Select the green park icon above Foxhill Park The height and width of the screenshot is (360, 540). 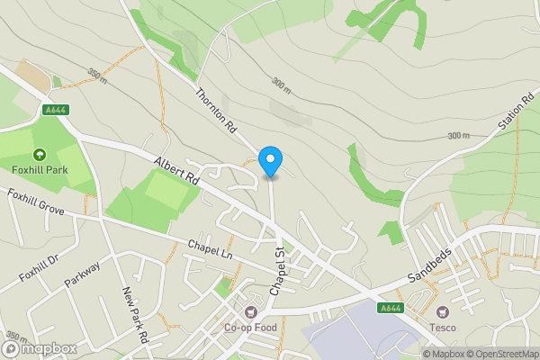point(40,154)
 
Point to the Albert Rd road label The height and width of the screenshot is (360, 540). point(175,168)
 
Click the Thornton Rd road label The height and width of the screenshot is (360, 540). point(215,112)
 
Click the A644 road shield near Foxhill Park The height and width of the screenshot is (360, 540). point(56,110)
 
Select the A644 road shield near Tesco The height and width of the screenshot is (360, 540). point(390,309)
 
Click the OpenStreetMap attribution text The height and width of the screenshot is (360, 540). point(500,354)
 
